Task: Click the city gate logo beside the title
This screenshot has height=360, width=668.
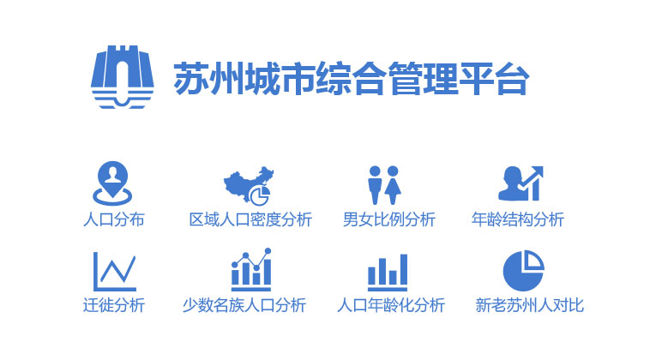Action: (x=123, y=76)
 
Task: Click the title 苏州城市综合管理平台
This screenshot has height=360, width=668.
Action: (x=352, y=78)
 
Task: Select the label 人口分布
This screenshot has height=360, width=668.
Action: (x=114, y=219)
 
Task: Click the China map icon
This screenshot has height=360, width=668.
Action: (x=249, y=185)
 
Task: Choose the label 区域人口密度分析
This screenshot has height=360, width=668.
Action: (x=250, y=219)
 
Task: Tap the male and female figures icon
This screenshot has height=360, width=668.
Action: (x=384, y=185)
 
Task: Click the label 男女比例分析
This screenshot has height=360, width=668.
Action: (x=389, y=219)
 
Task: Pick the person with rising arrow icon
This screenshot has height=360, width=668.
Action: (x=521, y=183)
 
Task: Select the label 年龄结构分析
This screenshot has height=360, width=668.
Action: (x=518, y=219)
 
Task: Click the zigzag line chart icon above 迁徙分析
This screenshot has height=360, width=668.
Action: (x=114, y=272)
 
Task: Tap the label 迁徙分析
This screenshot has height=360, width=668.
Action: (x=114, y=305)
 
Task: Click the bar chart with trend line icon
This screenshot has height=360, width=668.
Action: (x=251, y=269)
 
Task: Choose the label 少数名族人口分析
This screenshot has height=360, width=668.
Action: (x=244, y=305)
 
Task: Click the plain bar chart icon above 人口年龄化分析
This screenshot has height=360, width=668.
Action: (x=388, y=273)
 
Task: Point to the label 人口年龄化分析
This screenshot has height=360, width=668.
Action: (x=391, y=305)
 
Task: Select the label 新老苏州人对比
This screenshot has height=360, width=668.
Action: (x=530, y=305)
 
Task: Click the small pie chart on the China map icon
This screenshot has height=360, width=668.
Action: (x=260, y=195)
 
